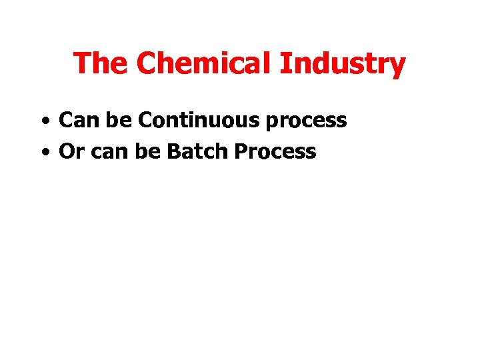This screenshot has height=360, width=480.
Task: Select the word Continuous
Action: coord(199,121)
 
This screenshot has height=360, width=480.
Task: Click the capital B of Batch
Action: coord(173,152)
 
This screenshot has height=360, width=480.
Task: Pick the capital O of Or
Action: coord(66,152)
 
